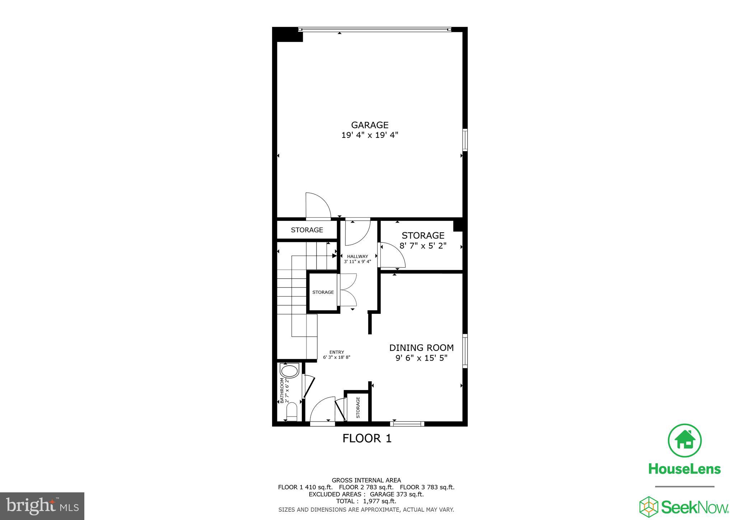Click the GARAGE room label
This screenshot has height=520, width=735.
pos(370,125)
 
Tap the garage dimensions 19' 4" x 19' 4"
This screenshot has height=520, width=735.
pos(370,135)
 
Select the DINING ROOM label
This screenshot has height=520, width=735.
pos(421,348)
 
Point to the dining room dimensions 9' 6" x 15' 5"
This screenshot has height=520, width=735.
pos(421,358)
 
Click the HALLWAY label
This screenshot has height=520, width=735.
pos(357,256)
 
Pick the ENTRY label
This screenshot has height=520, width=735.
pos(337,352)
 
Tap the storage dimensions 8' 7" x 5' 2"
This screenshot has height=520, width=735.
pos(423,246)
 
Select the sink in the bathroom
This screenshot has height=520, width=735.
pos(290,371)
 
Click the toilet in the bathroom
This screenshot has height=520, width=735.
pos(292,412)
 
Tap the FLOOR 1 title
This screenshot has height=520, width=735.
pos(367,438)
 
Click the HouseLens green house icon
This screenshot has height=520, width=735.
pos(684,441)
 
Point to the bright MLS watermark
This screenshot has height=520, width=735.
pos(42,506)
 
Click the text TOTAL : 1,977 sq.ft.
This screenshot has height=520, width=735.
pos(366,501)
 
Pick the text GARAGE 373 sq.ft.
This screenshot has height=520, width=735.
pos(397,494)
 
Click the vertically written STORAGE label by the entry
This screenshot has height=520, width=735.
pos(358,407)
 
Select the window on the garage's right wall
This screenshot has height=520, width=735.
pos(465,140)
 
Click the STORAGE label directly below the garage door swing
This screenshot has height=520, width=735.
pos(307,230)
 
